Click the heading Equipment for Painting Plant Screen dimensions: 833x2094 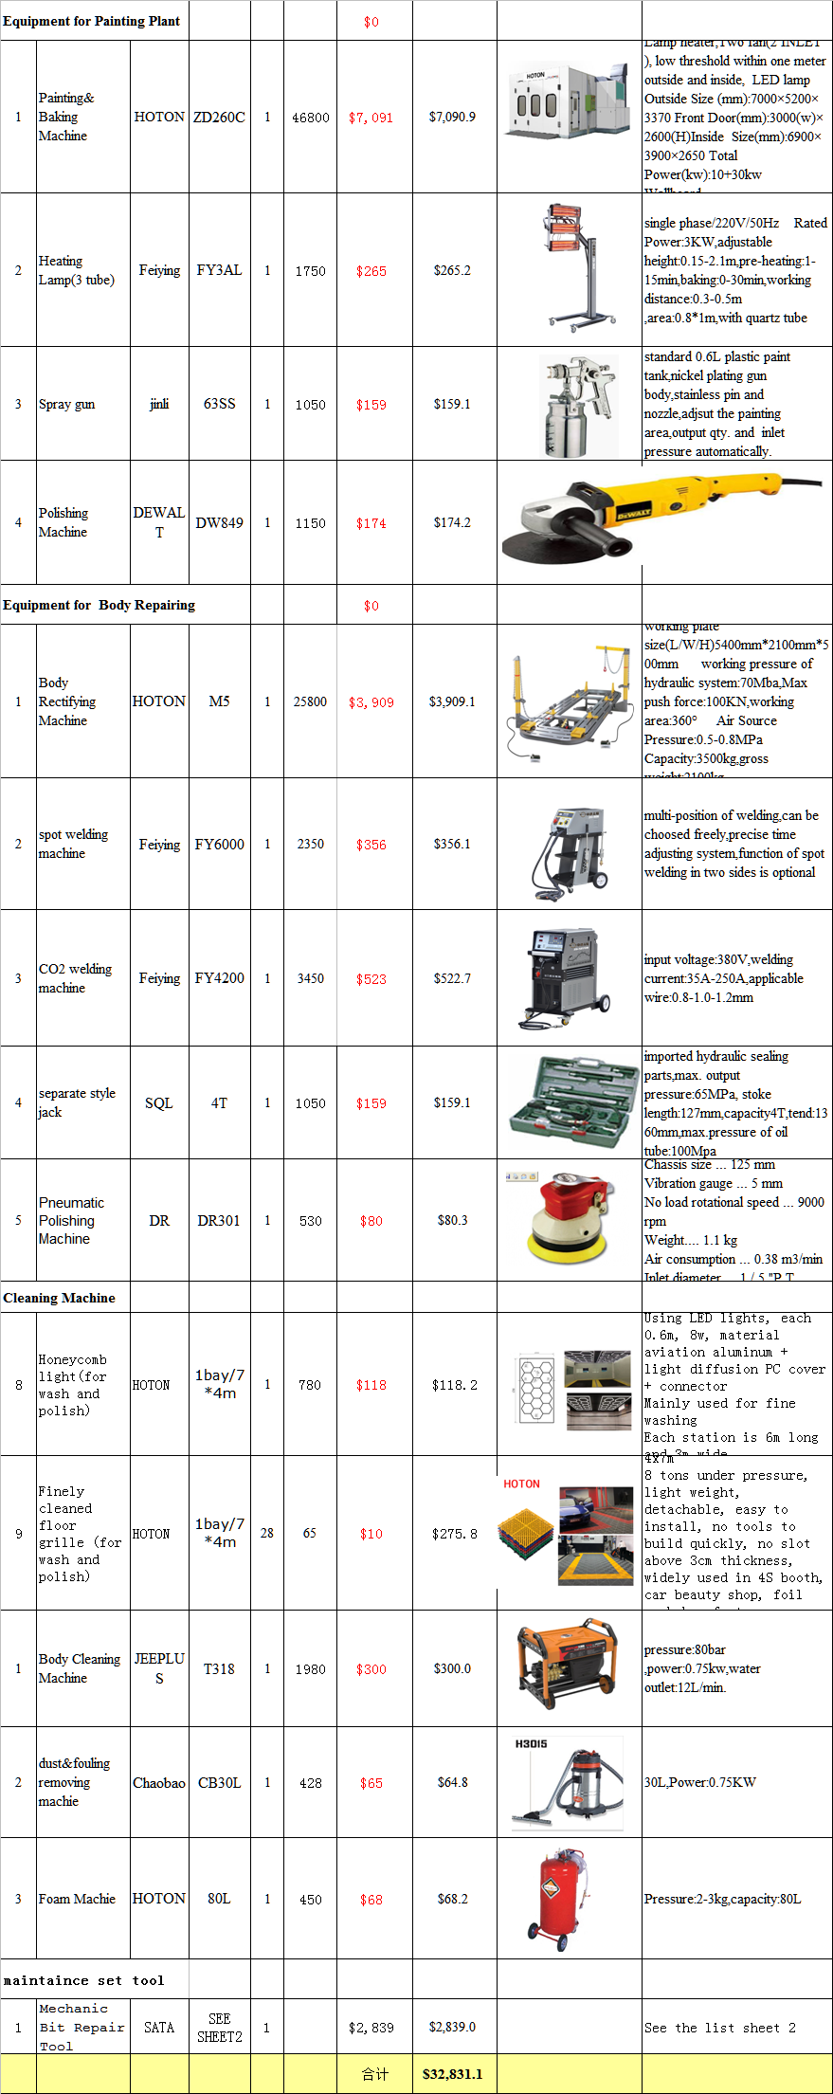(91, 21)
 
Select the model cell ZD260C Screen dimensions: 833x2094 (219, 118)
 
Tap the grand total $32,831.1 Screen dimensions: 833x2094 (452, 2073)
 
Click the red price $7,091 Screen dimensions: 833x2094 (371, 118)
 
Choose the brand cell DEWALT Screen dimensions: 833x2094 (159, 522)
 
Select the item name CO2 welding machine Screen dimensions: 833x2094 (75, 978)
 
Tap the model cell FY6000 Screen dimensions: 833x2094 (219, 844)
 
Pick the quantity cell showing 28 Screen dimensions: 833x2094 (267, 1533)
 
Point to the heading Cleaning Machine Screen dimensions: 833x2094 (59, 1298)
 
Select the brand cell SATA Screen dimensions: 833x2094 (159, 2027)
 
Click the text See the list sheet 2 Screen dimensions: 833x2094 (719, 2028)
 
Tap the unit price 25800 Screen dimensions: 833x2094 (310, 701)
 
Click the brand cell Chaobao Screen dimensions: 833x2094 (159, 1783)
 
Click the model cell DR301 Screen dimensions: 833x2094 (219, 1221)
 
